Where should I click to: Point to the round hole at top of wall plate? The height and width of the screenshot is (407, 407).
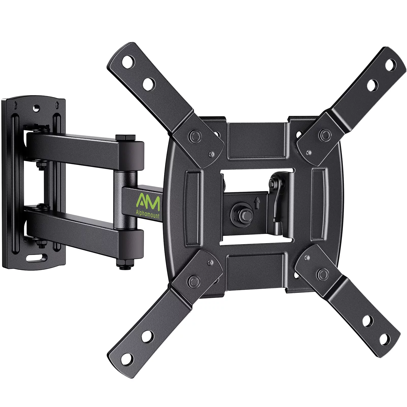[x=37, y=108]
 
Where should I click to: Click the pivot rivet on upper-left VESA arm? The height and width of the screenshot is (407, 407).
[x=195, y=135]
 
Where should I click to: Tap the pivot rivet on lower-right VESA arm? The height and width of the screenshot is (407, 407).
[x=323, y=273]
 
